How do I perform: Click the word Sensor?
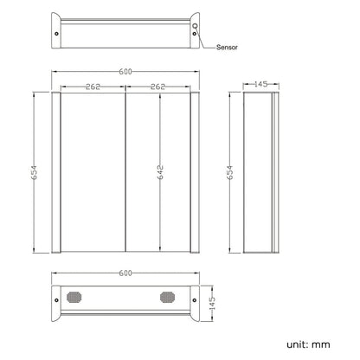coord(227,48)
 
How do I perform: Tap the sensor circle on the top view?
coord(196,26)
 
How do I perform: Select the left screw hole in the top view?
coord(56,34)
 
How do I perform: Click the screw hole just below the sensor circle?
coord(195,34)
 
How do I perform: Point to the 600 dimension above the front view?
coord(125,72)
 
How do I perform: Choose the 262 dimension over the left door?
coord(93,87)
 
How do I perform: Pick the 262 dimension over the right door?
coord(157,87)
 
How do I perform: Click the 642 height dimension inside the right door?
coord(160,172)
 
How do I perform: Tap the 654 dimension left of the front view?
coord(35,172)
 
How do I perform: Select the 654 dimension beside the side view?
coord(230,172)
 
